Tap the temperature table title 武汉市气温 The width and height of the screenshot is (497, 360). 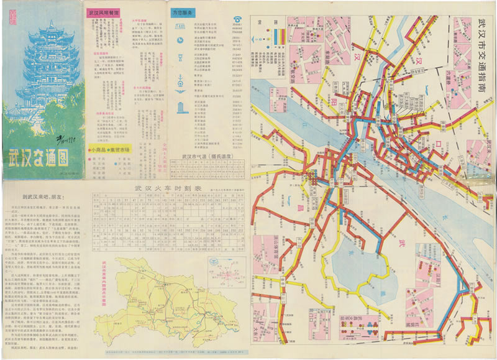pyautogui.click(x=201, y=157)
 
